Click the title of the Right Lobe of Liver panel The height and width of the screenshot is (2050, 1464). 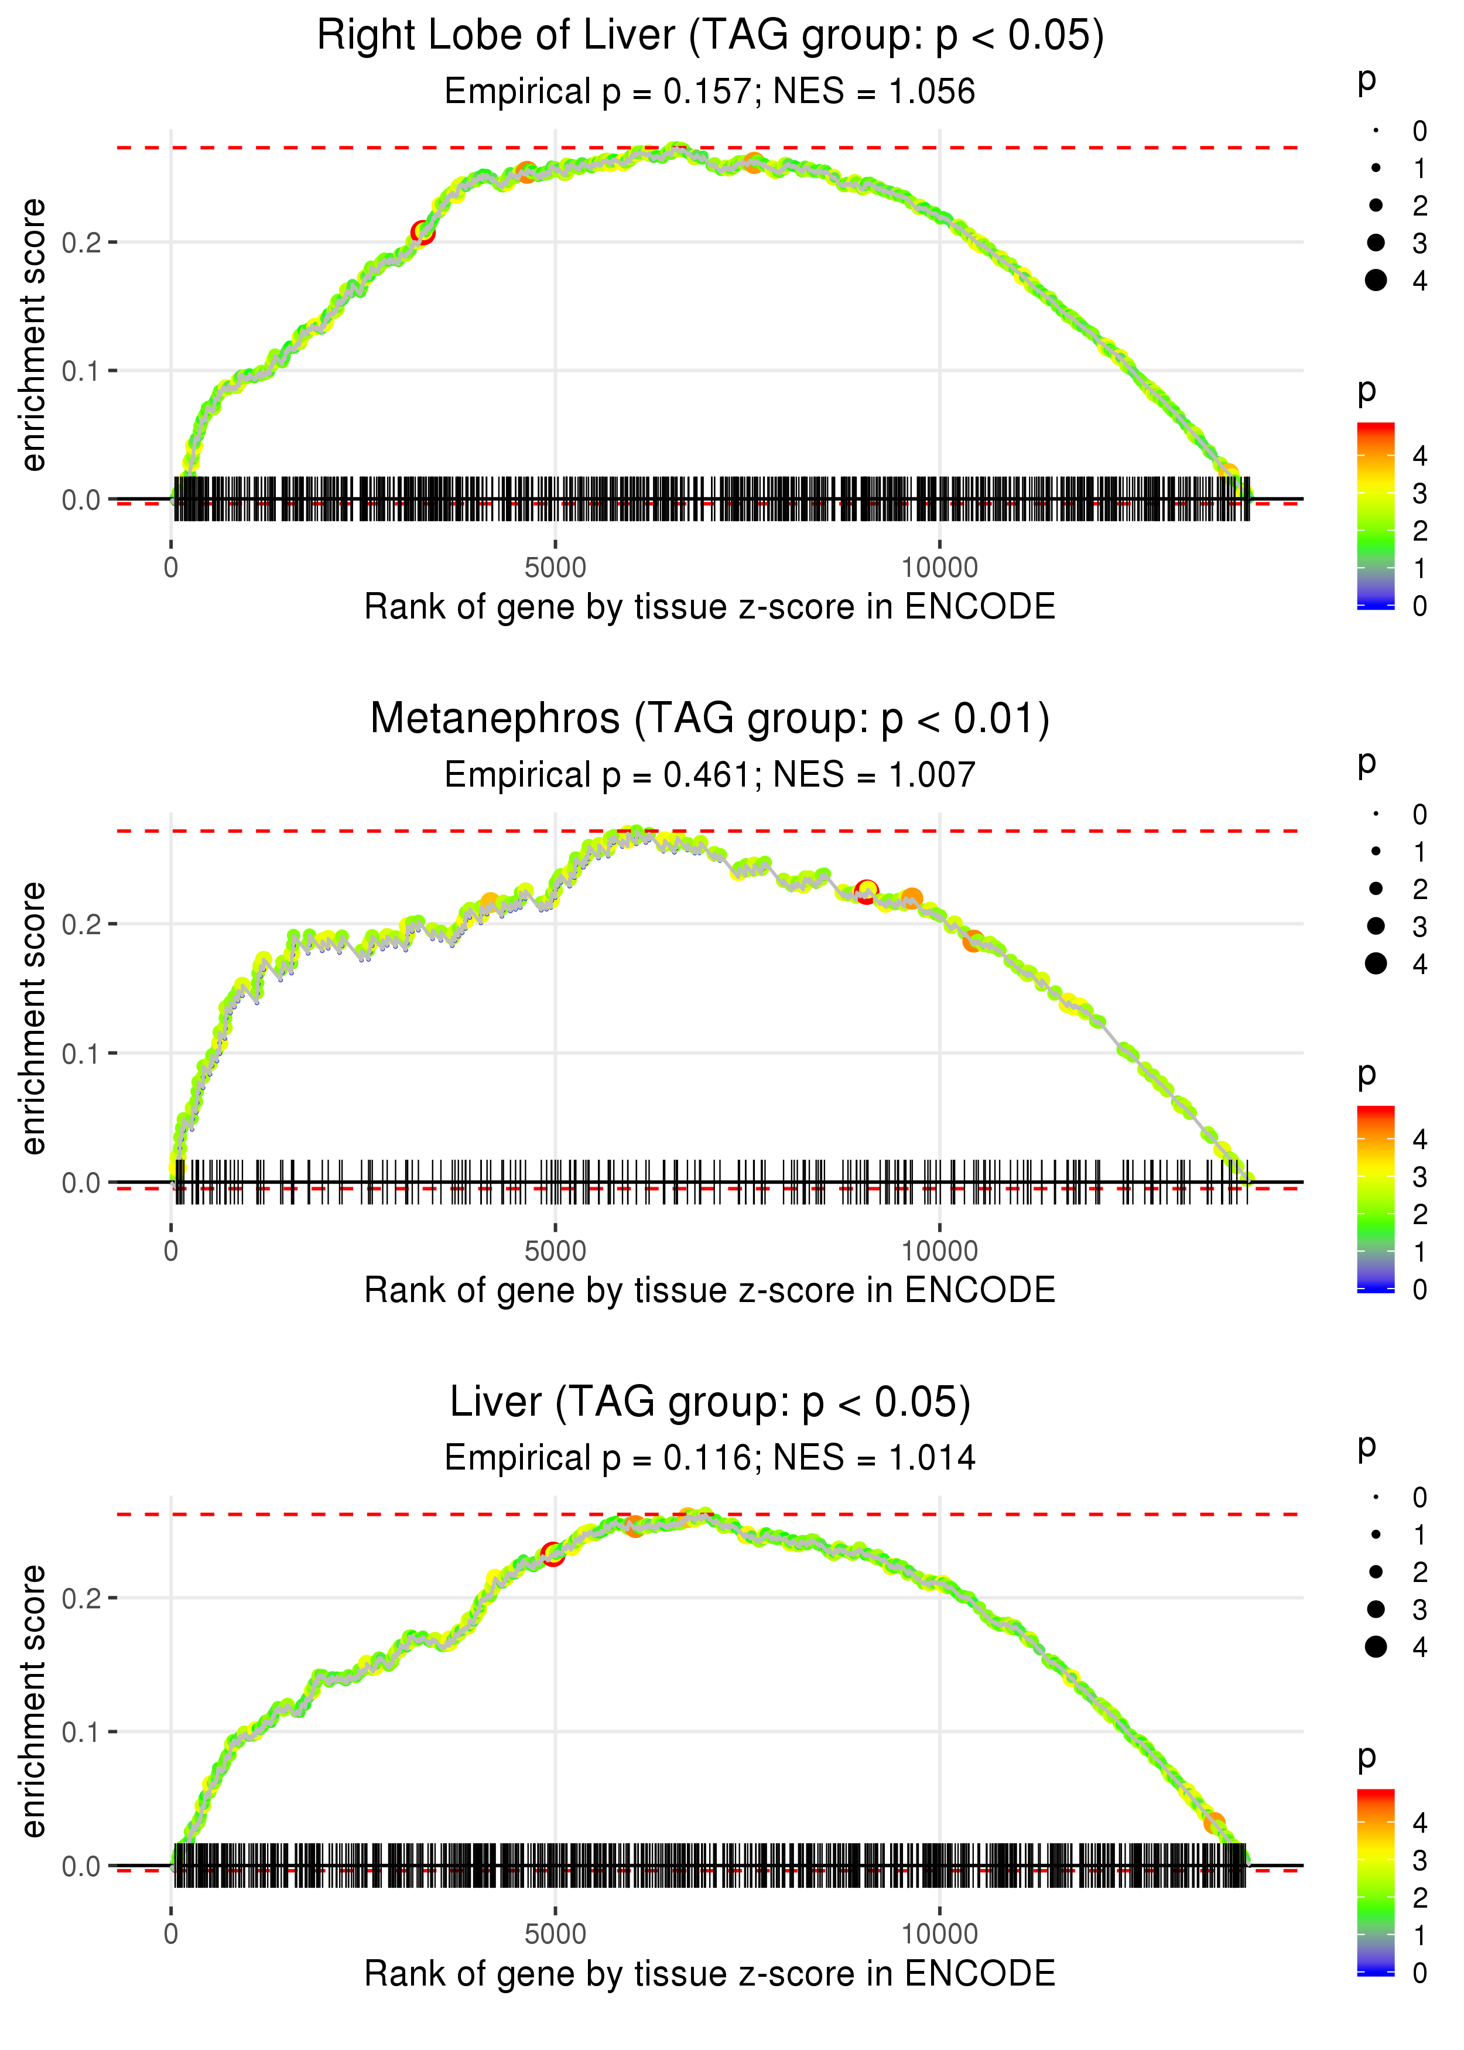(x=710, y=36)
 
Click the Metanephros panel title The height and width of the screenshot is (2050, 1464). (x=710, y=719)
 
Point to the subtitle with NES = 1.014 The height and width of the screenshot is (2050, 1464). (x=710, y=1458)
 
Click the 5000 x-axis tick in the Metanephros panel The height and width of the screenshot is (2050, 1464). (x=555, y=1251)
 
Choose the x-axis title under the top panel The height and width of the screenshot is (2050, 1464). (x=710, y=607)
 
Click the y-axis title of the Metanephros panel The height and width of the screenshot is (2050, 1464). (x=33, y=1019)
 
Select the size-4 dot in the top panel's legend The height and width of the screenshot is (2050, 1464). (x=1376, y=281)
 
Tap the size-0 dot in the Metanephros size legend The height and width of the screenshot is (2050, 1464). (x=1376, y=814)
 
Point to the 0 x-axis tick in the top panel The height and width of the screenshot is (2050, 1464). (x=171, y=568)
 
